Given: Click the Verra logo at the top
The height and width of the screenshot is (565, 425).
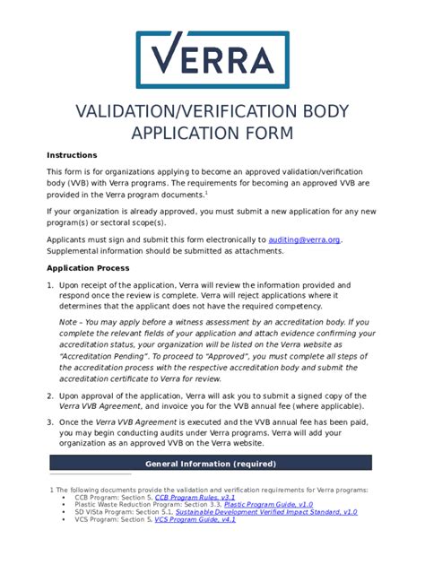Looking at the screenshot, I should [x=212, y=60].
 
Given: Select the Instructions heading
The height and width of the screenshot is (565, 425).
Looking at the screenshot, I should [x=73, y=155].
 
